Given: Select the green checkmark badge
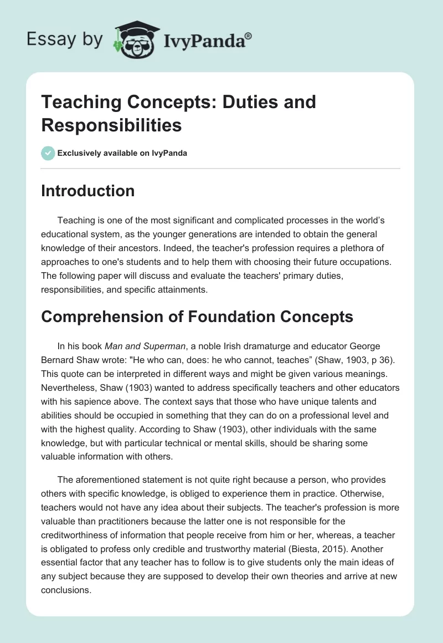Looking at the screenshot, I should tap(48, 153).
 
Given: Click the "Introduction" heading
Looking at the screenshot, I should tap(87, 191).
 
